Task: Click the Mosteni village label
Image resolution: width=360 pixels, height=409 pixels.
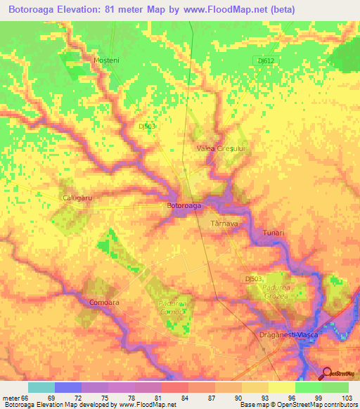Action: point(107,60)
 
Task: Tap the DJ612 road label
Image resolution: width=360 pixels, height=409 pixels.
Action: point(266,61)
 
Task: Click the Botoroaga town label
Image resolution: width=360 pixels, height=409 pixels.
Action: point(184,206)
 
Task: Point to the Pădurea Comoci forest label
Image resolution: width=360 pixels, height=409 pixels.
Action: point(171,308)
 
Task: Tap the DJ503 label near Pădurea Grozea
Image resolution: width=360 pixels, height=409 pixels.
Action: point(255,279)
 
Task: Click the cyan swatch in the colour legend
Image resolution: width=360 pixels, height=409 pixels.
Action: point(41,387)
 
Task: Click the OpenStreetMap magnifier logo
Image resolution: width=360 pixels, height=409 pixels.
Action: point(326,374)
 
